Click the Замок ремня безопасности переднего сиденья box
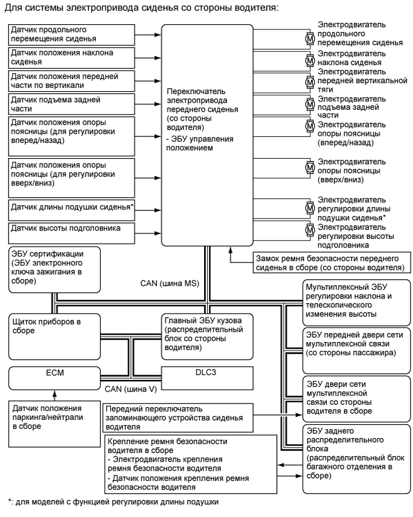tap(328, 261)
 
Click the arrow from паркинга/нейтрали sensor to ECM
tap(55, 396)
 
